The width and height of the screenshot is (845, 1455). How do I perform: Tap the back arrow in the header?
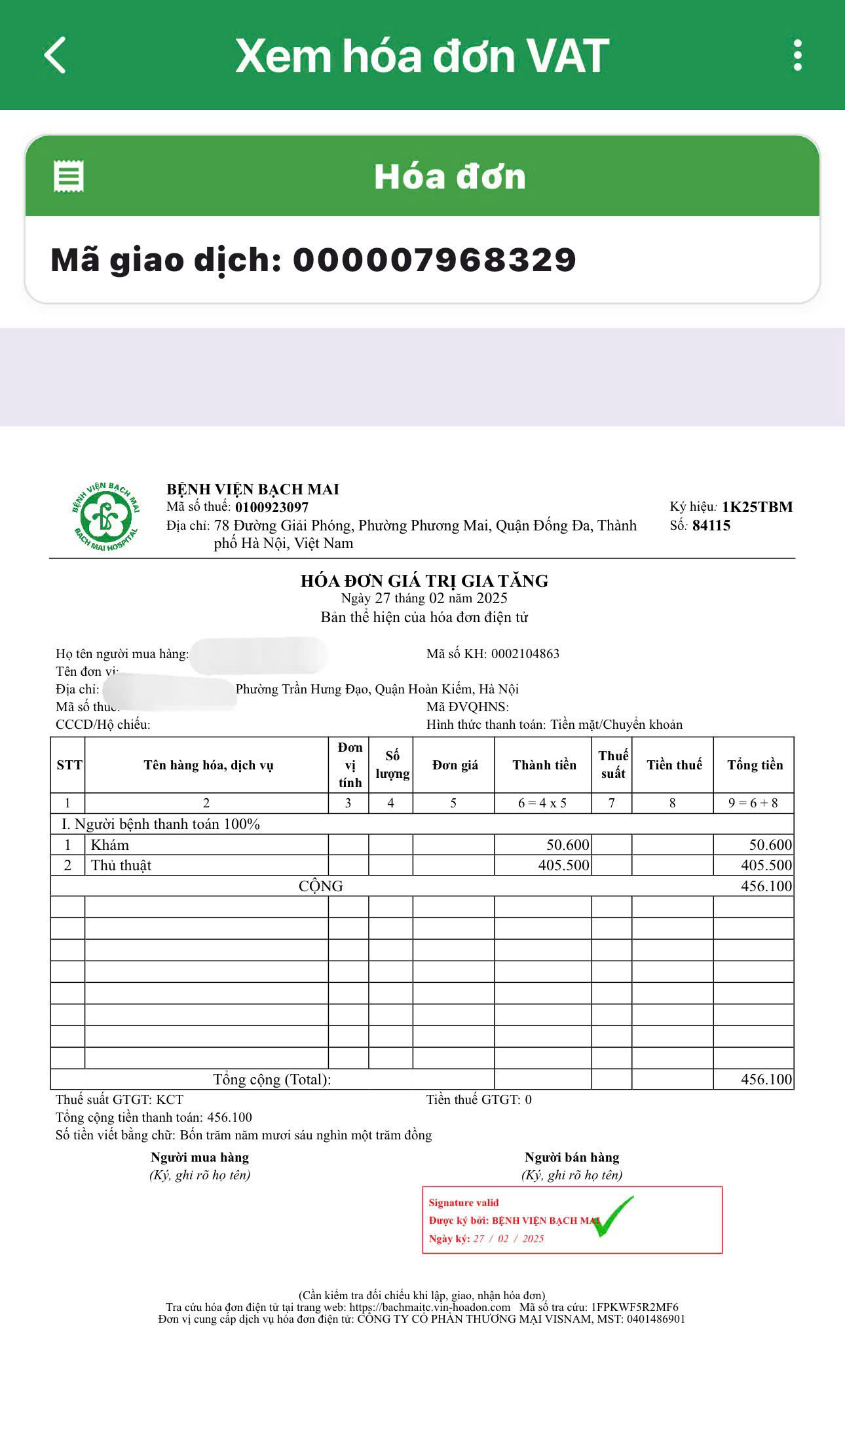coord(56,55)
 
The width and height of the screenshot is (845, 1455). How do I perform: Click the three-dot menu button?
coord(797,55)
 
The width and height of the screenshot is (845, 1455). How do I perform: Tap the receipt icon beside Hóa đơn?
coord(69,176)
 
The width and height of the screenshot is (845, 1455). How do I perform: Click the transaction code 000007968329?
coord(434,260)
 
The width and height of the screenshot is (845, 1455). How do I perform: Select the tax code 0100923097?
coord(272,507)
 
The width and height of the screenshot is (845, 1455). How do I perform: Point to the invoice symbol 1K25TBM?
coord(757,507)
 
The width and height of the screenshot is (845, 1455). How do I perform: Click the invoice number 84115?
coord(711,525)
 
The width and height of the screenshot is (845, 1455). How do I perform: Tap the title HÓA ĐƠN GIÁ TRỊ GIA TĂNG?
coord(424,581)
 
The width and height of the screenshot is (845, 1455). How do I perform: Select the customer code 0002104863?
coord(525,654)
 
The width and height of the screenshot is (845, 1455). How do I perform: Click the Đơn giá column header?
coord(455,765)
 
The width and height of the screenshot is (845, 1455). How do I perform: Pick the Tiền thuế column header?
coord(673,765)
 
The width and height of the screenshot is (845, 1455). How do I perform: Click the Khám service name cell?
coord(110,845)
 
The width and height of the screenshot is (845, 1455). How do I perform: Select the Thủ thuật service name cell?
coord(121,866)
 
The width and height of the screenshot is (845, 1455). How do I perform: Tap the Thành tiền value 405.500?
coord(563,866)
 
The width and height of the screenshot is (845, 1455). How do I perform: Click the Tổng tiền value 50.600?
coord(770,845)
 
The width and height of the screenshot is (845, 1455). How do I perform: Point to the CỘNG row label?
coord(320,886)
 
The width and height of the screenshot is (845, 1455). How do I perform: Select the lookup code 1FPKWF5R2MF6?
coord(634,1307)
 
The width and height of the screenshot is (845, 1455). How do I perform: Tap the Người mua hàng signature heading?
coord(200,1157)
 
